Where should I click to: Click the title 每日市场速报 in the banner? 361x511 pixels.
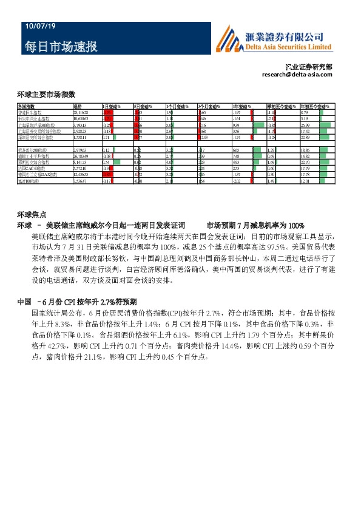[x=61, y=47]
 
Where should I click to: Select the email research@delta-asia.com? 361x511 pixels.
[x=297, y=75]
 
